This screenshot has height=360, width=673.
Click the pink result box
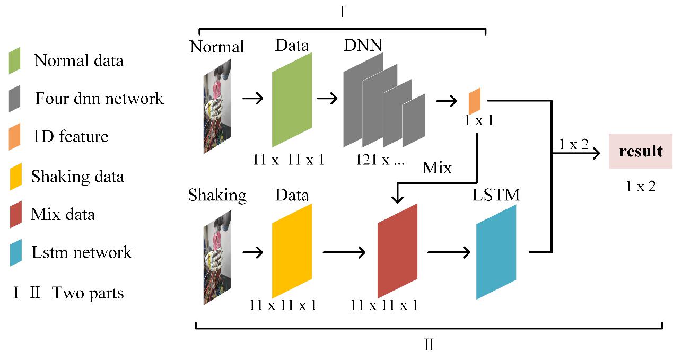641,151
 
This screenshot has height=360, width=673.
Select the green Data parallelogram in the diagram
292,100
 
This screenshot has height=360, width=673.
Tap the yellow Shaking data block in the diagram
292,251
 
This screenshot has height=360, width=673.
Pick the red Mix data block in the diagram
397,251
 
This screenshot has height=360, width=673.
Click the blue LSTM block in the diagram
496,252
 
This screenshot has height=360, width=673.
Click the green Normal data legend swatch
15,60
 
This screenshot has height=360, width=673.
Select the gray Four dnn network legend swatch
15,98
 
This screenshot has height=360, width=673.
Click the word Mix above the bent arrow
437,169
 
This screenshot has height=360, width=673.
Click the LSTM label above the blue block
496,195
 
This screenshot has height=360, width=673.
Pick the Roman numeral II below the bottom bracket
429,346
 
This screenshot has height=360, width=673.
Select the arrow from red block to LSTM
448,251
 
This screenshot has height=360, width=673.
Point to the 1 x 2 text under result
641,186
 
